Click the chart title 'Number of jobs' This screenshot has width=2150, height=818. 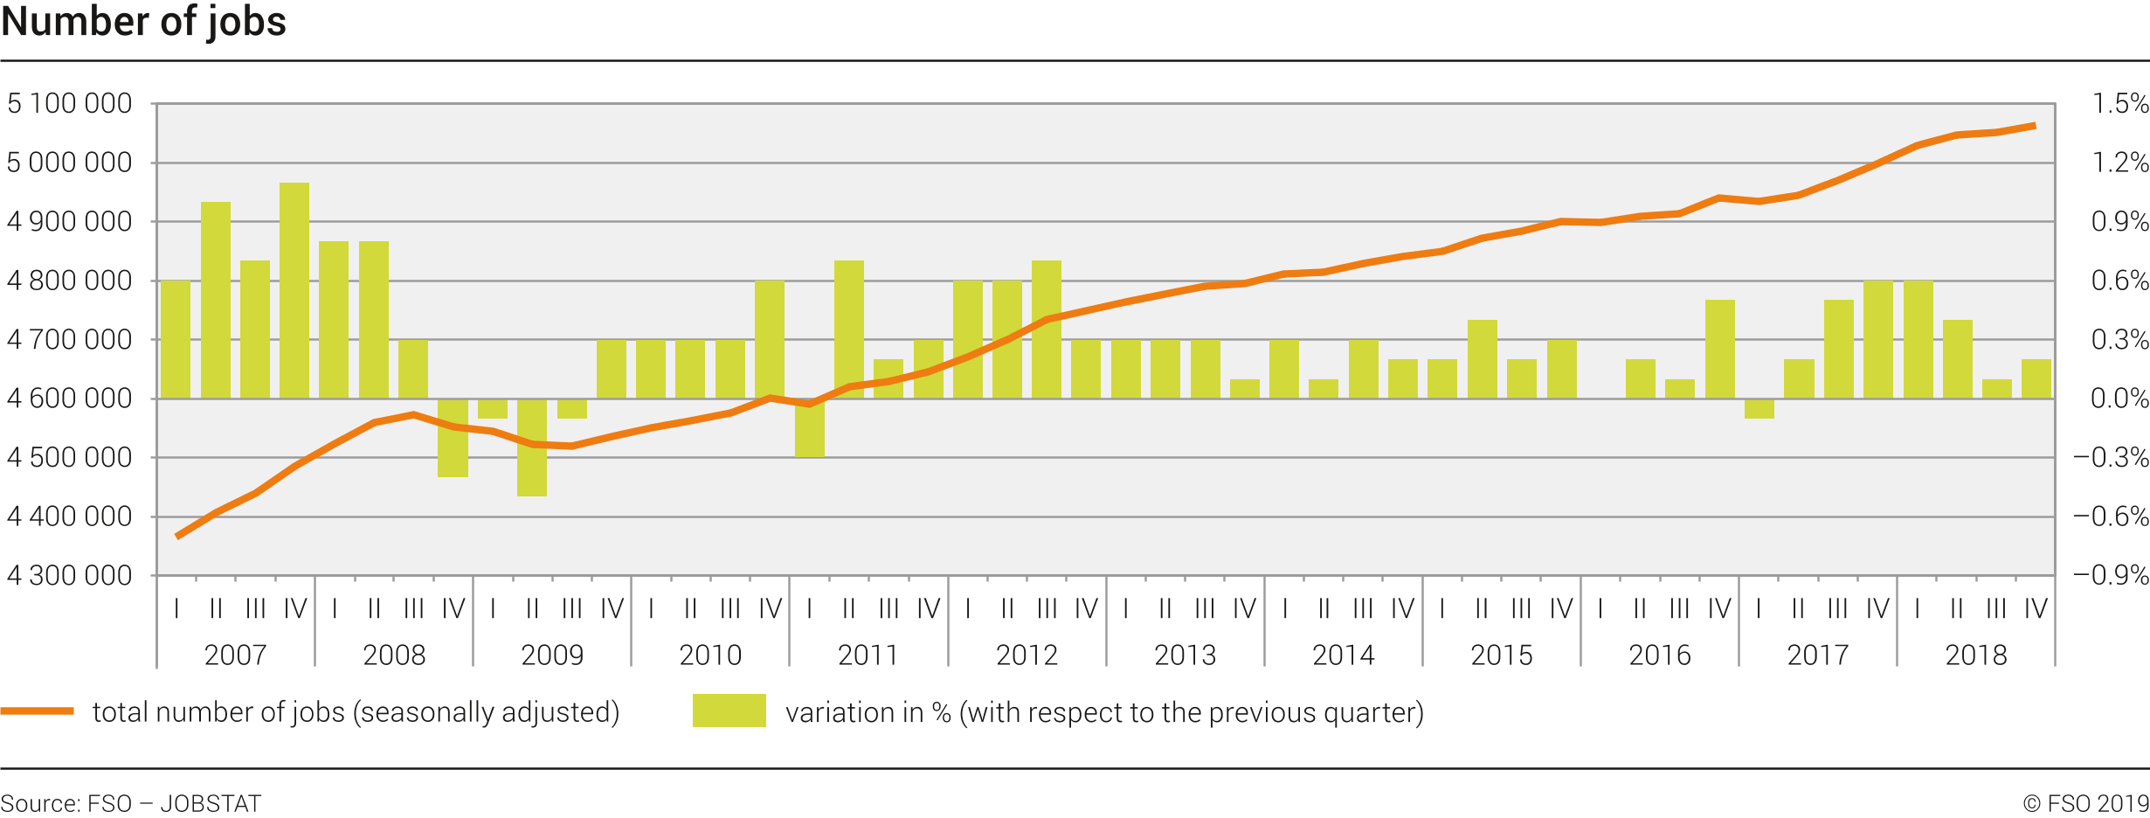[x=144, y=22]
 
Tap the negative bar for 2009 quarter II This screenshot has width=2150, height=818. [x=532, y=447]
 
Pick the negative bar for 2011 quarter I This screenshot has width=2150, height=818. [x=810, y=427]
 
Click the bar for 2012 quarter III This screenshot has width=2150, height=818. [x=1047, y=329]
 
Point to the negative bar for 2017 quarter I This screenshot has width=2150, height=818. [x=1759, y=408]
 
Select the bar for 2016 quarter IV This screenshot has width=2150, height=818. [x=1719, y=349]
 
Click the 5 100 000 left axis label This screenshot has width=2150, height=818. [x=70, y=104]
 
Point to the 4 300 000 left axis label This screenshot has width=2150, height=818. [x=70, y=576]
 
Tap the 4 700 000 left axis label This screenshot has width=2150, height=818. [x=70, y=340]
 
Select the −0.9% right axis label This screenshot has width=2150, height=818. [x=2111, y=576]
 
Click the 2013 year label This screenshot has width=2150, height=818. [x=1185, y=655]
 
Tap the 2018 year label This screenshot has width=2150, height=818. [x=1976, y=655]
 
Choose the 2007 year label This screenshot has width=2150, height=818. [x=235, y=655]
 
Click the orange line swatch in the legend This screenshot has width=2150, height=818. [x=38, y=711]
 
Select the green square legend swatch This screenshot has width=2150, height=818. [x=729, y=711]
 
